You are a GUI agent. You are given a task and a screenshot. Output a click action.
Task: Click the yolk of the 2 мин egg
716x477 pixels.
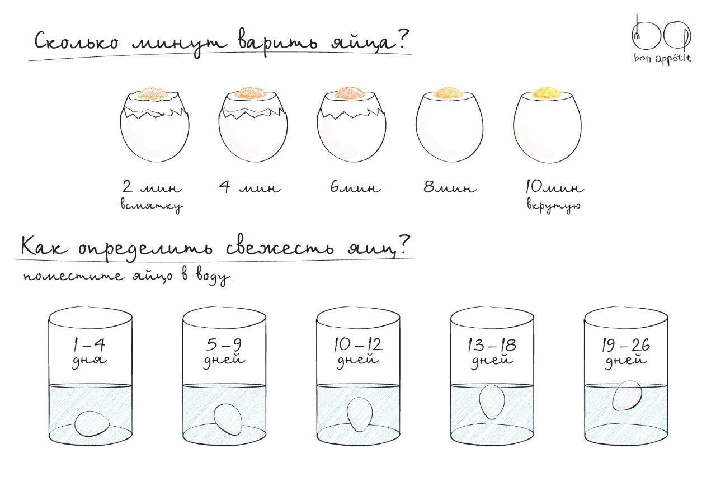point(153,93)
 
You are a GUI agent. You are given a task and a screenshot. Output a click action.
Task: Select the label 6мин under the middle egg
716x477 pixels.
point(355,187)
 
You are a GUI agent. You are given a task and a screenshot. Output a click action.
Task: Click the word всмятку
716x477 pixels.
point(151,205)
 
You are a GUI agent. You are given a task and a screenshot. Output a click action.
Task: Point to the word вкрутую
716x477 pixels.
point(553,205)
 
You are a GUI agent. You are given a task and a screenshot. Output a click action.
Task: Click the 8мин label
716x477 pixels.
point(450,187)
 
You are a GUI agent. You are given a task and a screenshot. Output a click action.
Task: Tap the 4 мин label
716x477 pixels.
point(249,187)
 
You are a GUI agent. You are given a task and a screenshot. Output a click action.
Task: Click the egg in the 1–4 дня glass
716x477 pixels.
point(92,423)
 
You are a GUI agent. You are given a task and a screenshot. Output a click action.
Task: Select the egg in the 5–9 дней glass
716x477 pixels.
point(228,419)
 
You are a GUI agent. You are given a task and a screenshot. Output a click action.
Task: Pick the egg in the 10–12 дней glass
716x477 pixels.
point(360,414)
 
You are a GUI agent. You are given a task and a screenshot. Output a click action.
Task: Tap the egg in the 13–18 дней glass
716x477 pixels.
point(492,402)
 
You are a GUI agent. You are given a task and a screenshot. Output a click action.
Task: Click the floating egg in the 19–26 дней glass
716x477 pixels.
point(627,395)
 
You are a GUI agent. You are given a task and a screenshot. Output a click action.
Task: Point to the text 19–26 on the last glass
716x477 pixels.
point(625,345)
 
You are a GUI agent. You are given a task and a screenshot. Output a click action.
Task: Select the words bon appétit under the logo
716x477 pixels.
point(662,59)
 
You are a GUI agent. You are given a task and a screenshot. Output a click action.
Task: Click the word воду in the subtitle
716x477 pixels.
point(213,277)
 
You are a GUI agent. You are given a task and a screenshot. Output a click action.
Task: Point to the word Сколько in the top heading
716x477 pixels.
point(76,42)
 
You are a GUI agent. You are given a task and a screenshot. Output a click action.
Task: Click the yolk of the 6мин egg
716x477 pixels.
point(350,93)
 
